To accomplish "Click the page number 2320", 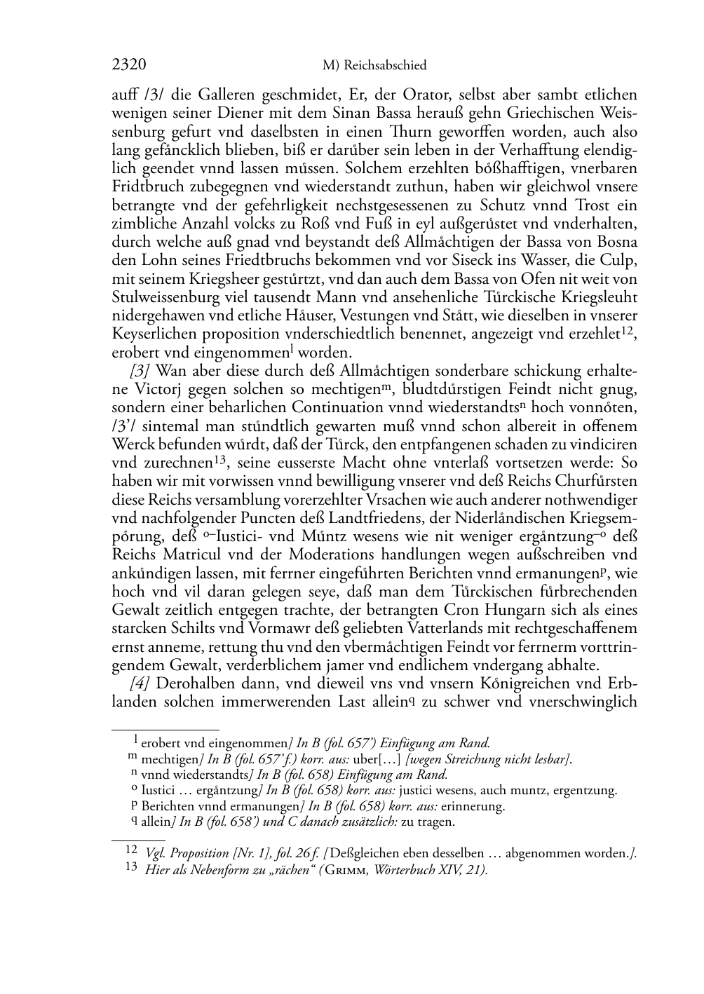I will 128,65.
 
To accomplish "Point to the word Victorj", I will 152,389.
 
